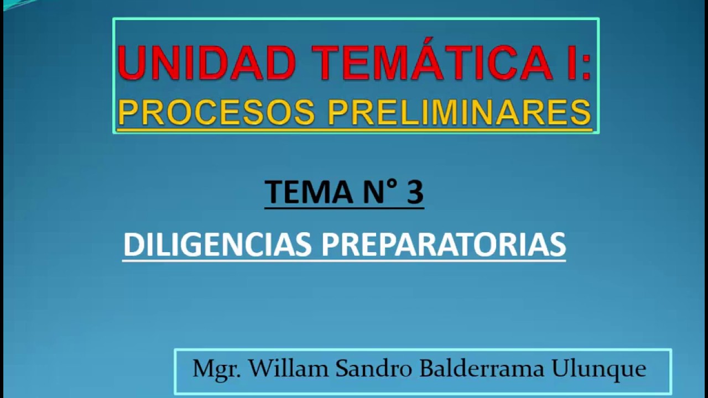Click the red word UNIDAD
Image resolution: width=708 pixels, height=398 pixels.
tap(206, 62)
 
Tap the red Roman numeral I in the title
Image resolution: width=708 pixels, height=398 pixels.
tap(560, 62)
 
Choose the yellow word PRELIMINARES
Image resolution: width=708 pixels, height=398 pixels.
tap(459, 113)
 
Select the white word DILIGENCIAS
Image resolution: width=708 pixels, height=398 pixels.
tap(217, 244)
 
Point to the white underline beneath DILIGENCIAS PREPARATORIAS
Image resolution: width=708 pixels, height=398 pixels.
tap(343, 260)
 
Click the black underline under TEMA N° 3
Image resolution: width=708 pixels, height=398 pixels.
tap(343, 208)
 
